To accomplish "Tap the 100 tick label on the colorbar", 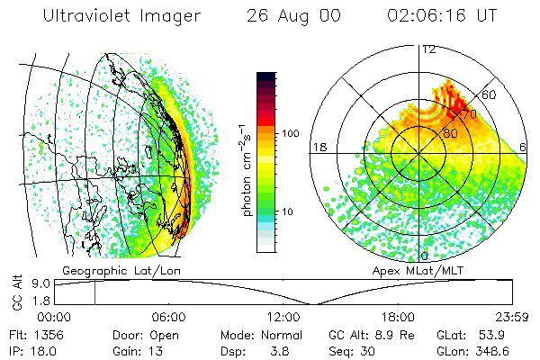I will (290, 133).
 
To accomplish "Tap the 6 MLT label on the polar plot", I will (523, 147).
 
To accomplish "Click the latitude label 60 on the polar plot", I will (490, 94).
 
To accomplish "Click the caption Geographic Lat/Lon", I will (106, 270).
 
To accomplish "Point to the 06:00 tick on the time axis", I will (168, 317).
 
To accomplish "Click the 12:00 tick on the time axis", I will (283, 317).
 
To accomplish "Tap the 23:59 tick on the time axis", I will (512, 317).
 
